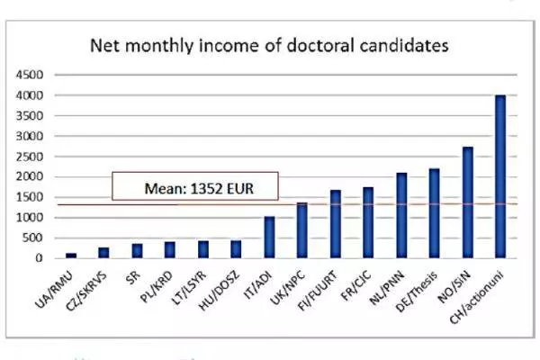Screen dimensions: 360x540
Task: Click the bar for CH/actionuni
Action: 499,176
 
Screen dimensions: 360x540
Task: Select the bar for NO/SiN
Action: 467,202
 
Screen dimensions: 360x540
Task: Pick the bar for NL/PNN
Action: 401,215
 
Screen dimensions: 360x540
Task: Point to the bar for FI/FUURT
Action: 336,224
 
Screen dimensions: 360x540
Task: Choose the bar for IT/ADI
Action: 269,237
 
